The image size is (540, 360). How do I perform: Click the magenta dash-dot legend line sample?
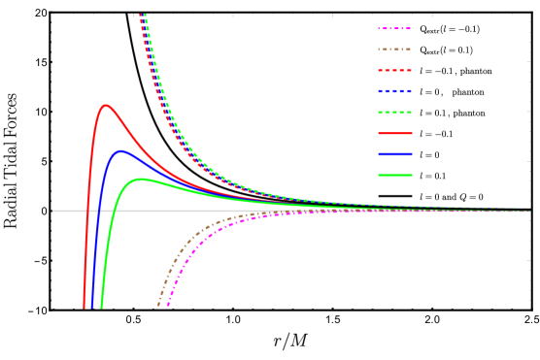[394, 29]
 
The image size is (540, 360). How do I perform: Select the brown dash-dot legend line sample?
[394, 49]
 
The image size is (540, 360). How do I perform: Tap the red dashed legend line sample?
[394, 71]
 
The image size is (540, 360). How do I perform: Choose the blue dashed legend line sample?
[394, 91]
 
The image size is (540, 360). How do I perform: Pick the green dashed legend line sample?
[394, 113]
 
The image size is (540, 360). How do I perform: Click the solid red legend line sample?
[394, 133]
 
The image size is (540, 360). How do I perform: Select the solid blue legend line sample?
[394, 154]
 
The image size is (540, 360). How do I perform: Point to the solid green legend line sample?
[394, 176]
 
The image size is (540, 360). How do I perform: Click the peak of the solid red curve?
[105, 105]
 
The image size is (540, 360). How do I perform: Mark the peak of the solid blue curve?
[120, 150]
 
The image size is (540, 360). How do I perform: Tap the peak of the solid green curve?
[142, 179]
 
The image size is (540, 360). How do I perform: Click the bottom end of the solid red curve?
[84, 308]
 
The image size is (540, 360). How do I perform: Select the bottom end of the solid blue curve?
[92, 308]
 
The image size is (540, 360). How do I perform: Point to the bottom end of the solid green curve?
[101, 308]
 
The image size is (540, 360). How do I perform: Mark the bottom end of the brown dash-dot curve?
[158, 307]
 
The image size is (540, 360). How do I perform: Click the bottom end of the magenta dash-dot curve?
[168, 307]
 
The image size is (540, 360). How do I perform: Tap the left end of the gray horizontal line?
[53, 211]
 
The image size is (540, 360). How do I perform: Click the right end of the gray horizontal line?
[530, 211]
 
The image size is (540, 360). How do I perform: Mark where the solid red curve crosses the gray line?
[88, 211]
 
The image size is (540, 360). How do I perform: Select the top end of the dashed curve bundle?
[143, 15]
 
